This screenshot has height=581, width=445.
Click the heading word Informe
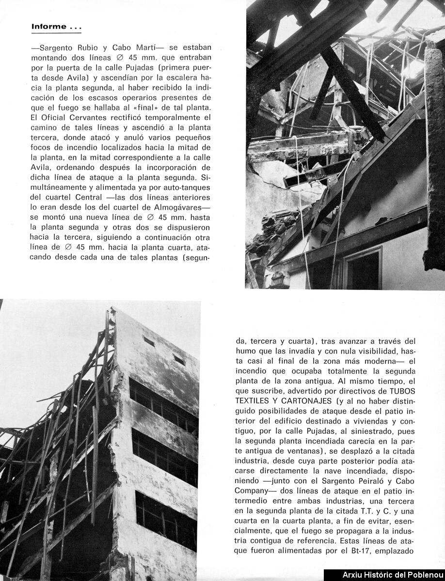pos(48,27)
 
